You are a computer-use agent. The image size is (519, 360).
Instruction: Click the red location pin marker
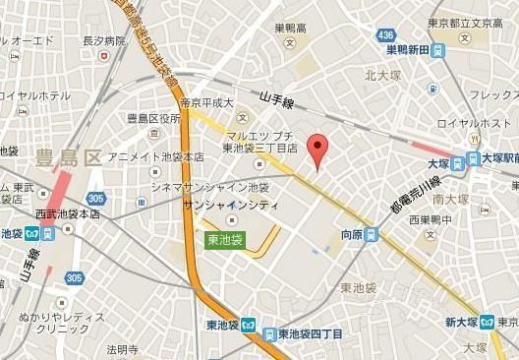[317, 150]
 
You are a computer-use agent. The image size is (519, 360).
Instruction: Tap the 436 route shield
[387, 36]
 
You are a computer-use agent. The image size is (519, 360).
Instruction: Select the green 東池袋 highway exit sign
[225, 238]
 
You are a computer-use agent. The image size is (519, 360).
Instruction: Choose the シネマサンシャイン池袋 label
[209, 187]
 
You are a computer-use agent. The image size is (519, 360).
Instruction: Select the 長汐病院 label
[104, 42]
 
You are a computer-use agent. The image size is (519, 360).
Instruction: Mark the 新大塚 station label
[460, 322]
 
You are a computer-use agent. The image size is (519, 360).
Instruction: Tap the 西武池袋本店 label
[67, 213]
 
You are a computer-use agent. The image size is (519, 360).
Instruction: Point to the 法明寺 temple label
[123, 348]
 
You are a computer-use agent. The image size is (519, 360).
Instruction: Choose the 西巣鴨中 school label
[431, 220]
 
